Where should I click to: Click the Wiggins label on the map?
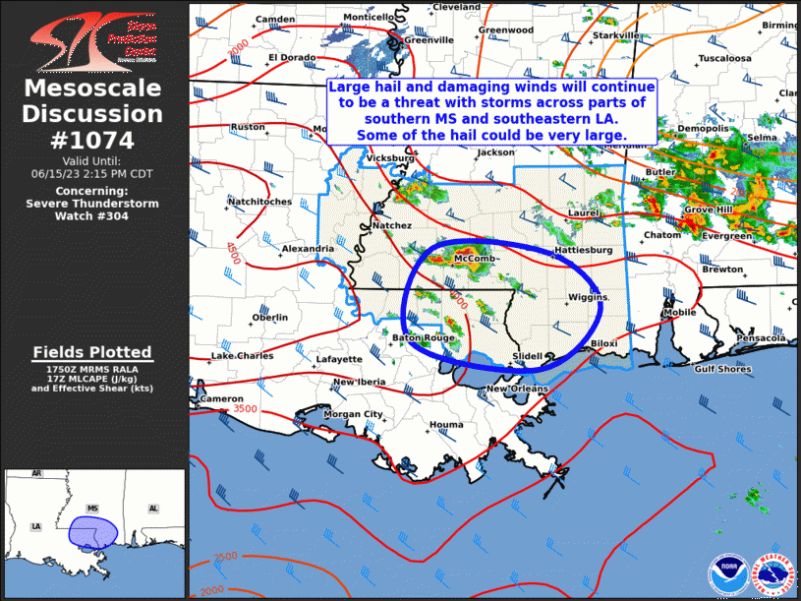click(588, 297)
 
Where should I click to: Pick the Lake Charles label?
click(243, 355)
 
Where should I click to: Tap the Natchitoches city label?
click(259, 202)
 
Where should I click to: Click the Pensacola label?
click(760, 337)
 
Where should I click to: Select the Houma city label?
click(446, 425)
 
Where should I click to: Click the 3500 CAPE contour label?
click(246, 408)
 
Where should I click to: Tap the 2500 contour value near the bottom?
click(225, 558)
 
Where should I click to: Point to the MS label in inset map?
click(93, 509)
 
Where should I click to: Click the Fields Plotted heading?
click(92, 352)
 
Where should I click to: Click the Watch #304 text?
click(92, 215)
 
